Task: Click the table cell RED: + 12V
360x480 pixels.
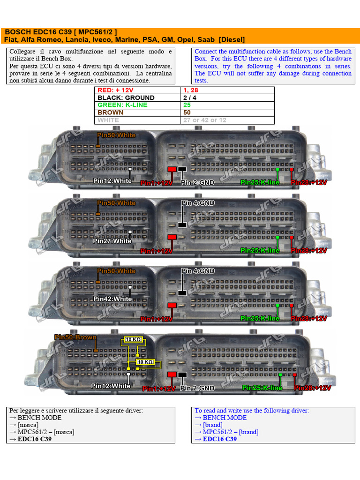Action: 115,90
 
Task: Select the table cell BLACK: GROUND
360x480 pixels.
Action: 126,98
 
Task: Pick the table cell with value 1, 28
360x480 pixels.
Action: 192,90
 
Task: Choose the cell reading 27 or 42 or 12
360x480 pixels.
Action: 204,120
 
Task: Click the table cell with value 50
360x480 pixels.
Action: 187,112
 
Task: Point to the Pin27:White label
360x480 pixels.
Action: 112,241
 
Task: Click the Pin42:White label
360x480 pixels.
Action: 112,299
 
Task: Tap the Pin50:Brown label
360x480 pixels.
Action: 75,337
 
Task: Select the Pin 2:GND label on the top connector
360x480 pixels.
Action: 197,182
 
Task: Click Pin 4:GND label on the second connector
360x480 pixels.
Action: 198,203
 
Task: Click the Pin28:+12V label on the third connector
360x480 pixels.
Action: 309,318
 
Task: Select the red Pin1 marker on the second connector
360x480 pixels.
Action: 172,238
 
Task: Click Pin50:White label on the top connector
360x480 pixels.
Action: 116,135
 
